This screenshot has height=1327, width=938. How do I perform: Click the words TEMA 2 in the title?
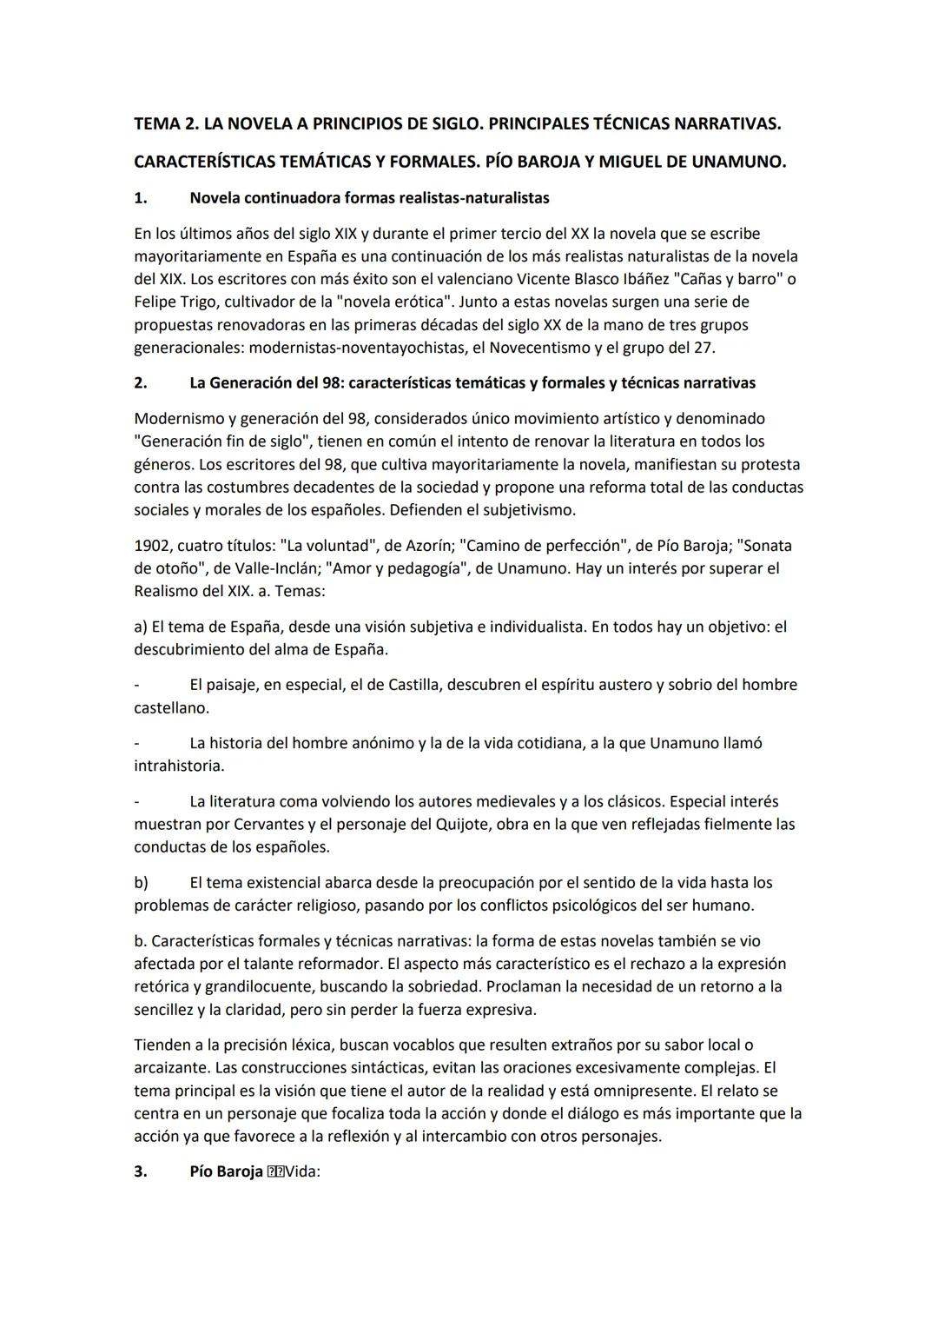click(x=163, y=124)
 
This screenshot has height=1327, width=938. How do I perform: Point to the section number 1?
click(x=140, y=198)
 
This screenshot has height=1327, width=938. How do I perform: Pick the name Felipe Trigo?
click(x=175, y=302)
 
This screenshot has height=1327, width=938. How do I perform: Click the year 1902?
click(x=152, y=546)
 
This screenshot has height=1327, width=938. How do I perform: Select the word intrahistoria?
click(x=178, y=766)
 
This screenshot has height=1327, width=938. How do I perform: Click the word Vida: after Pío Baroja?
click(x=302, y=1171)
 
